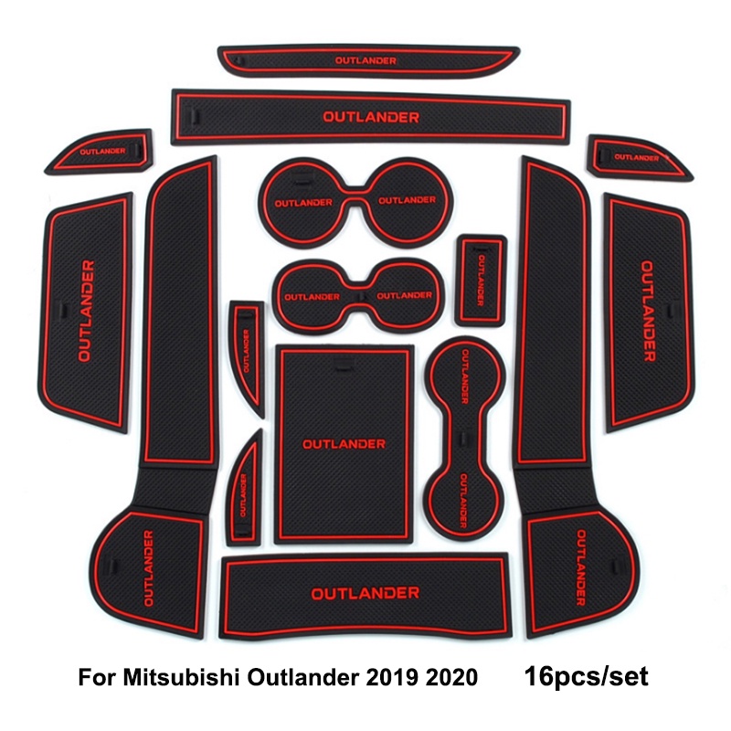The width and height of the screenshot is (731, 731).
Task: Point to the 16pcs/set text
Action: (x=586, y=677)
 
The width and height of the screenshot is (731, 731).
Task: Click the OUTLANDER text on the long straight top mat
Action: (x=370, y=117)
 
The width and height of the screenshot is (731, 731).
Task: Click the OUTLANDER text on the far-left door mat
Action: (x=86, y=311)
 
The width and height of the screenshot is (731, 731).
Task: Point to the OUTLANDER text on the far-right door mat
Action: (x=647, y=311)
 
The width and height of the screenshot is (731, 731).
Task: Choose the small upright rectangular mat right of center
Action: (x=482, y=278)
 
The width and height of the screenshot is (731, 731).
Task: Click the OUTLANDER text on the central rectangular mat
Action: (x=344, y=444)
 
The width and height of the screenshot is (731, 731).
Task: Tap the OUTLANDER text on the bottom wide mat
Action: (x=365, y=593)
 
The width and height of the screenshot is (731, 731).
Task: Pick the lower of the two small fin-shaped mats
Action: (x=245, y=484)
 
